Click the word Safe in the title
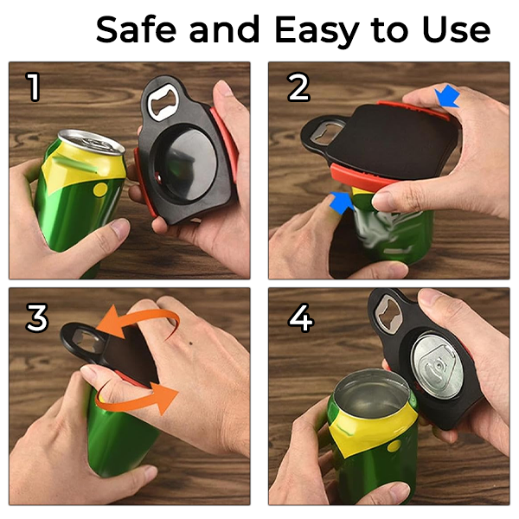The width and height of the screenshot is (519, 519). click(x=138, y=30)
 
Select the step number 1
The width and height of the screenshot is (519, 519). click(x=34, y=86)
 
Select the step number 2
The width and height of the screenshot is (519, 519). click(x=298, y=86)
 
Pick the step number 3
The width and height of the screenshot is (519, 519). click(x=36, y=318)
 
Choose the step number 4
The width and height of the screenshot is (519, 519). click(x=300, y=318)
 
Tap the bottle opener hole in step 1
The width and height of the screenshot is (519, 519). click(x=163, y=107)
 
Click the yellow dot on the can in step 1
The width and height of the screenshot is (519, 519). click(x=100, y=188)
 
